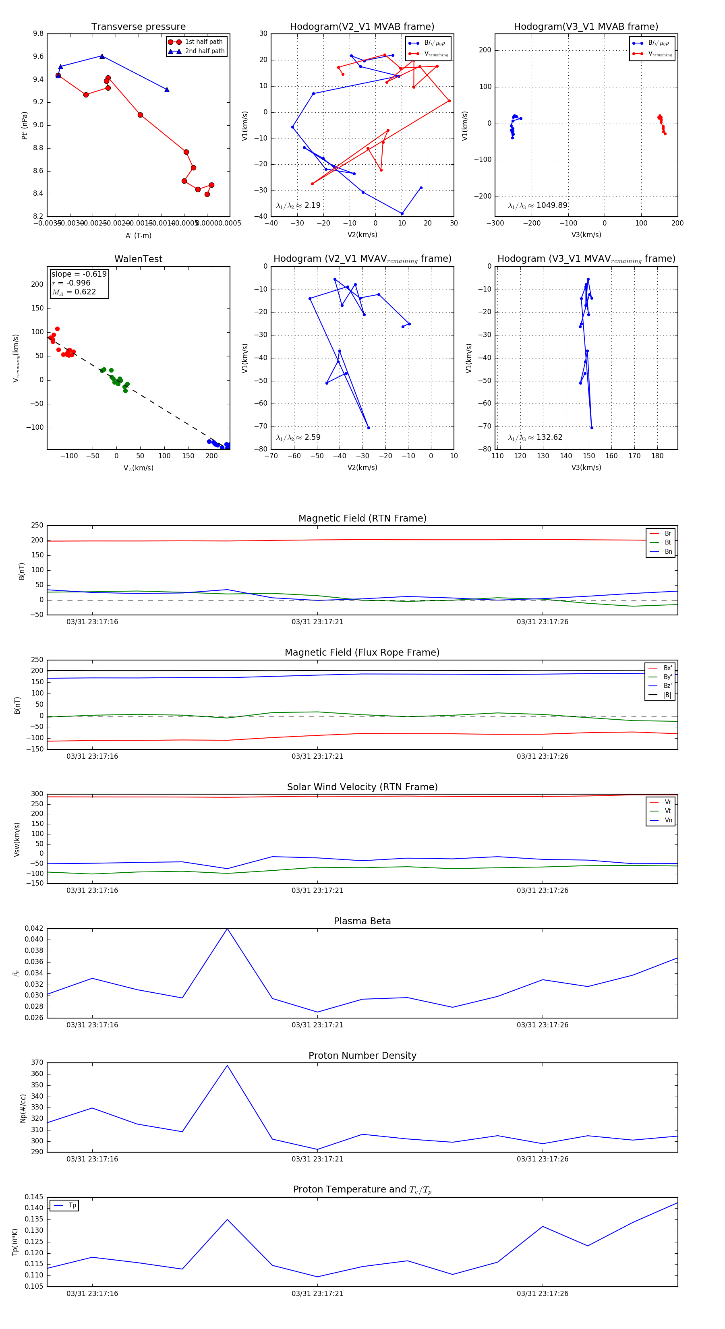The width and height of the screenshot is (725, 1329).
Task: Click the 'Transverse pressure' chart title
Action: click(138, 27)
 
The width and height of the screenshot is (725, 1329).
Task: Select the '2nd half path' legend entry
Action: click(204, 51)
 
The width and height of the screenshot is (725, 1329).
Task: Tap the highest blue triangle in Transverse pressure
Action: click(101, 56)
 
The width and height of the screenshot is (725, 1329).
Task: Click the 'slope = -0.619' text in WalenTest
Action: click(79, 274)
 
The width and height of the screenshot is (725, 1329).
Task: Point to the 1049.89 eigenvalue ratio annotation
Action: click(538, 205)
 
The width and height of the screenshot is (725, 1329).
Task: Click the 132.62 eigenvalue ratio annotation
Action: click(535, 437)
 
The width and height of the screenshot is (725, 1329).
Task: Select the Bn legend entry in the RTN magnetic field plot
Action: click(668, 551)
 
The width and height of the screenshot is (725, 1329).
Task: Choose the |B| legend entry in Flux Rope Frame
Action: click(667, 695)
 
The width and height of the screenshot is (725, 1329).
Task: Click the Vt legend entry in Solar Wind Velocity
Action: click(668, 811)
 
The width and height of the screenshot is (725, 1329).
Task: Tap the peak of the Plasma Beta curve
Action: click(227, 929)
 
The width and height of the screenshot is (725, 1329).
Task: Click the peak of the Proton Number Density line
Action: click(227, 1065)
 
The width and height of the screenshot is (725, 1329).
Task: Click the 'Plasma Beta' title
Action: click(362, 921)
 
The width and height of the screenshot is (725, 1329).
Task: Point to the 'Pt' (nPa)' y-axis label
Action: click(24, 125)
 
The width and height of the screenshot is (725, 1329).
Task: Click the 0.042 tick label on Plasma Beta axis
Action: click(34, 928)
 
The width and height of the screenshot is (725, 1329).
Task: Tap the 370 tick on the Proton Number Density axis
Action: click(37, 1062)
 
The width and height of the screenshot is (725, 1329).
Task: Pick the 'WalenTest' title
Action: click(138, 259)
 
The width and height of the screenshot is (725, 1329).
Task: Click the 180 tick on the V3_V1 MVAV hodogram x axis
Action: click(657, 456)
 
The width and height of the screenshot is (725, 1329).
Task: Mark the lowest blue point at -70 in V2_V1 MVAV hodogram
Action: click(369, 428)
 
